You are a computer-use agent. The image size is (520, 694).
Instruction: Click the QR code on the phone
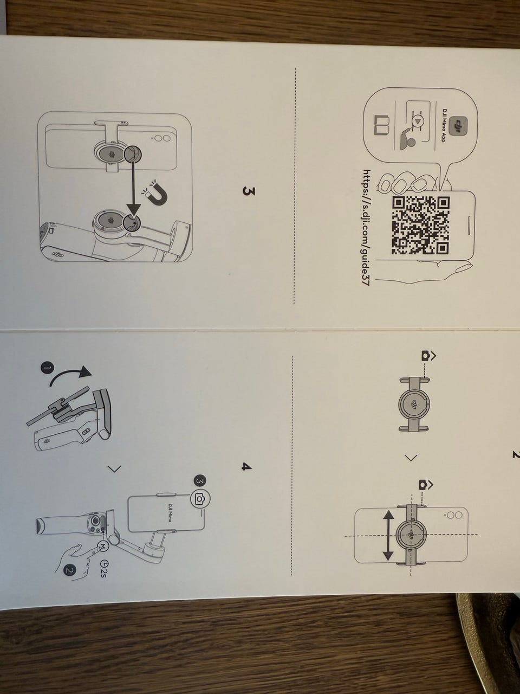coord(420,226)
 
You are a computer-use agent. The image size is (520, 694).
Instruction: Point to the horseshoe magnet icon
coord(157,193)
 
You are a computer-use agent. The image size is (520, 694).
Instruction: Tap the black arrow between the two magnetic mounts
coord(134,187)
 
